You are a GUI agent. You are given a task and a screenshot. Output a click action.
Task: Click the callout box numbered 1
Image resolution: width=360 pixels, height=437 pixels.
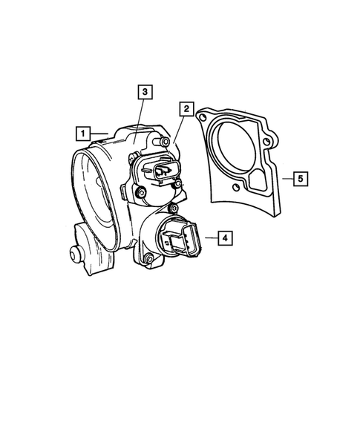[84, 134]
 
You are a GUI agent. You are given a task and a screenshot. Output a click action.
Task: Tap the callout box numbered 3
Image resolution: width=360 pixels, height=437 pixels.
[145, 92]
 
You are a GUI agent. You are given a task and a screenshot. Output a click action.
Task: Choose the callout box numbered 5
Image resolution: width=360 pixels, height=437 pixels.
[298, 178]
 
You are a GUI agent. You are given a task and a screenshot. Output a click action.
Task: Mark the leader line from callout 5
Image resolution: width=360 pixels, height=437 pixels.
[284, 178]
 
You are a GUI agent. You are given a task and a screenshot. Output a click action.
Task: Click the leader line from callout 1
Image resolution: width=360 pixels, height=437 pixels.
[101, 134]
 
